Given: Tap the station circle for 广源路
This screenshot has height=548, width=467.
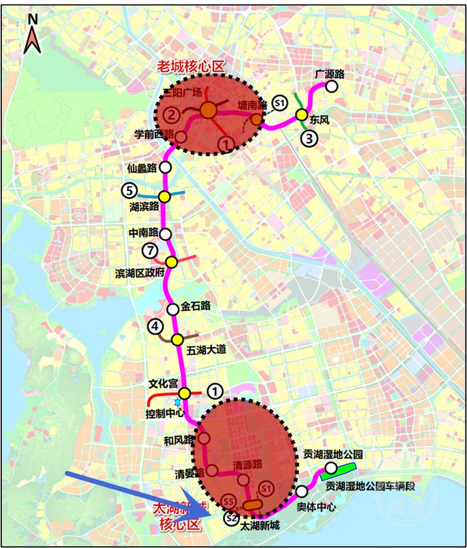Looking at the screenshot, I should click(332, 86).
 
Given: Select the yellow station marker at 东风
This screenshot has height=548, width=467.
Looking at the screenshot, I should click(301, 115).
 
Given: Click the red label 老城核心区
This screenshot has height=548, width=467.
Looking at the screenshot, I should click(191, 66).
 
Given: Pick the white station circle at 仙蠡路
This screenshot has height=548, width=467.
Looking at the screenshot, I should click(164, 167).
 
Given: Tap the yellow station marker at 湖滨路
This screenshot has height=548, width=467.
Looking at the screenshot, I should click(163, 196).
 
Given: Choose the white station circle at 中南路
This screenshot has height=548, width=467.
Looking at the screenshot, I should click(165, 234).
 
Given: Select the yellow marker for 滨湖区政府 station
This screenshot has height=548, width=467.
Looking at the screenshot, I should click(171, 262).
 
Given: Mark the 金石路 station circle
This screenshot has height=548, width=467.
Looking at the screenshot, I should click(173, 309).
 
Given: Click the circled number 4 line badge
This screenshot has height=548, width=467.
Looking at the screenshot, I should click(155, 326).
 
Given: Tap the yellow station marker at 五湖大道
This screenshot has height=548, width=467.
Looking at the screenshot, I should click(177, 340).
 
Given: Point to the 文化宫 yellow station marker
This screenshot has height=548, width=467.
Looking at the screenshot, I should click(184, 393).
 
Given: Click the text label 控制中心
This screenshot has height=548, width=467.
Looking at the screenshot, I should click(165, 413).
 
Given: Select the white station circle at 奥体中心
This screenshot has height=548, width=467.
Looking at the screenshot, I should click(302, 491).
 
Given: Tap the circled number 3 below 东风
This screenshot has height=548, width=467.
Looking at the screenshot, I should click(308, 139).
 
